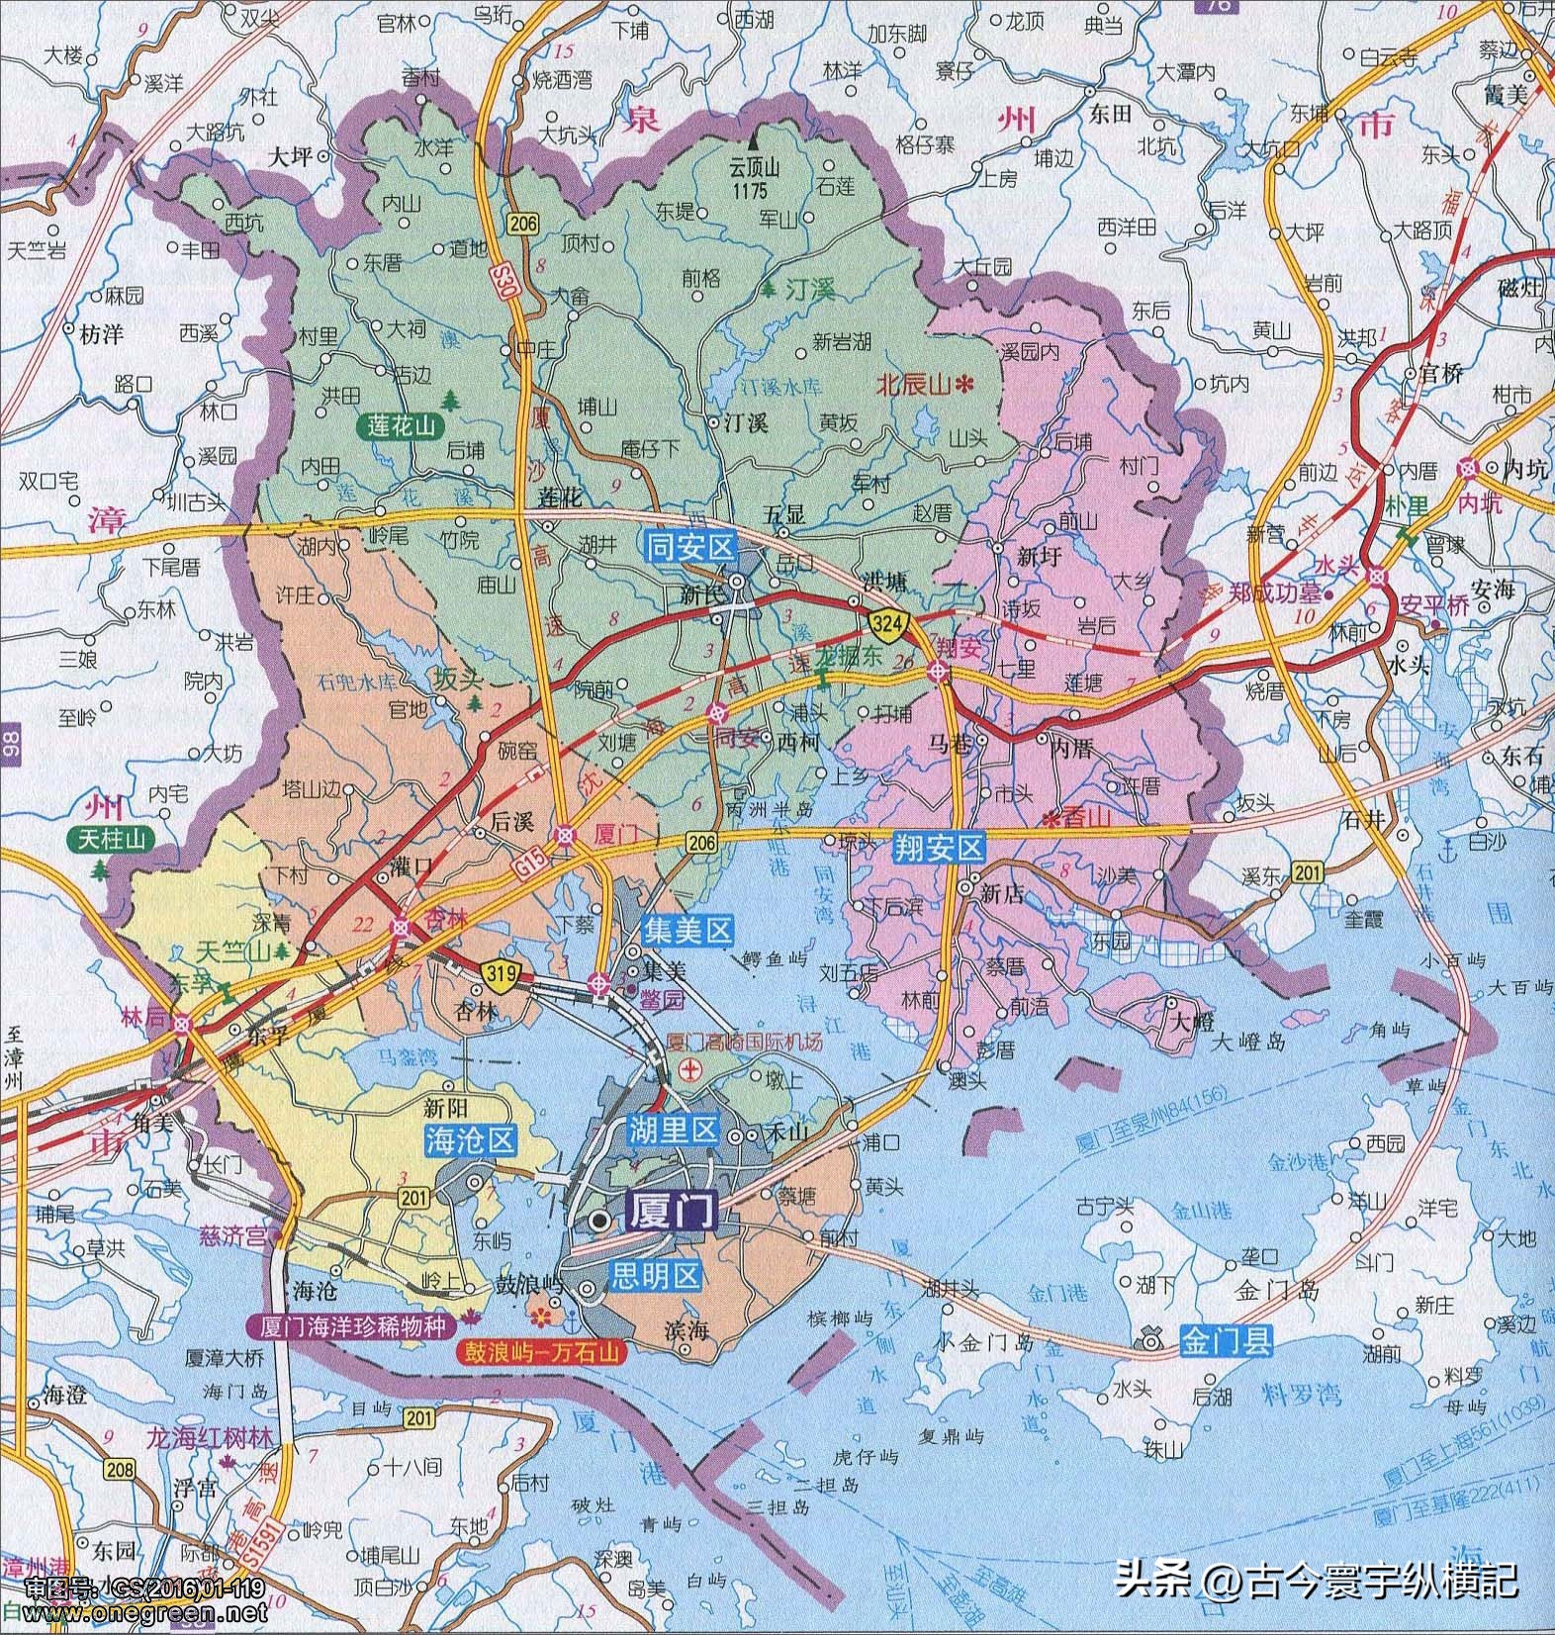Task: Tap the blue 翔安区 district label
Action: (941, 847)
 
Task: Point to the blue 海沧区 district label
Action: (471, 1139)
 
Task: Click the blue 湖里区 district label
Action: (673, 1130)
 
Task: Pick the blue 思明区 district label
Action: (656, 1275)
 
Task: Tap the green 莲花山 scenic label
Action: (402, 426)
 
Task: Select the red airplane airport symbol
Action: (689, 1069)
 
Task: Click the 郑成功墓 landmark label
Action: (1275, 596)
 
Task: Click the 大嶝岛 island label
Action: (1248, 1042)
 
